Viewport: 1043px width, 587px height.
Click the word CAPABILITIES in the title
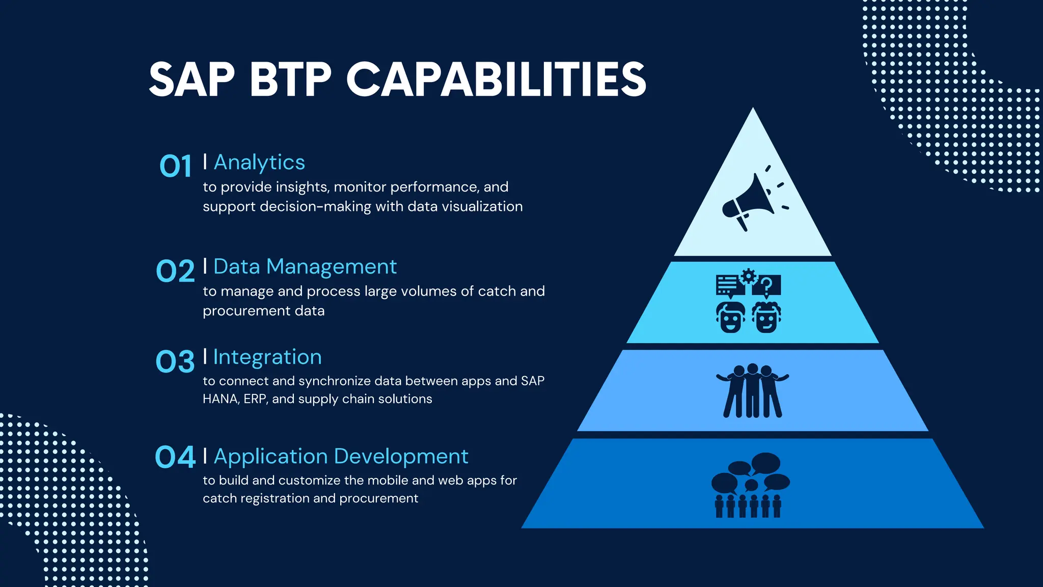click(496, 79)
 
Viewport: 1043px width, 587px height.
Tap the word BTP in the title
click(290, 79)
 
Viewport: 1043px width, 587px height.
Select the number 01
click(176, 166)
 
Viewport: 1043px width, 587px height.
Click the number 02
click(175, 271)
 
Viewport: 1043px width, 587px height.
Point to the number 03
click(175, 361)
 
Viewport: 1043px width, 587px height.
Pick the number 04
click(175, 457)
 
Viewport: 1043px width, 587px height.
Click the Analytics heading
click(259, 163)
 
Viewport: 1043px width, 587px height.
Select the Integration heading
click(267, 357)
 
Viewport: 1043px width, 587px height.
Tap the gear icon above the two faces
click(748, 276)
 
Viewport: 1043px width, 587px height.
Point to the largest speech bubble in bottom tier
click(765, 463)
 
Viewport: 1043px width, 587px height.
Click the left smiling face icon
click(731, 317)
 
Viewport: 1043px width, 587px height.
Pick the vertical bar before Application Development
click(205, 456)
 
